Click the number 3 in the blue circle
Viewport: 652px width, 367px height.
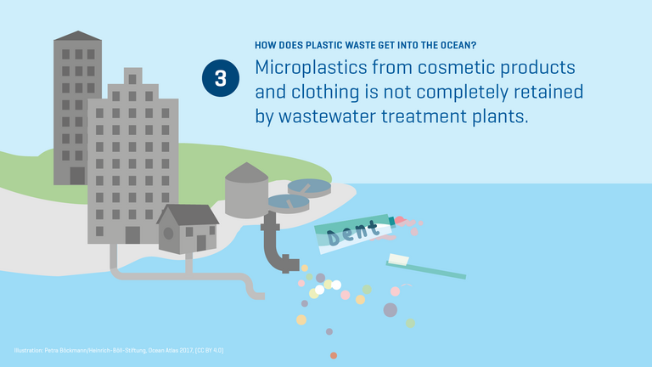(220, 78)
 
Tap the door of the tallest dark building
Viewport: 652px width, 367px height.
(77, 175)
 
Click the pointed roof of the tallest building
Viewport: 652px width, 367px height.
(77, 36)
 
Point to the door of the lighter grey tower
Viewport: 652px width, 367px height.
(132, 234)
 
